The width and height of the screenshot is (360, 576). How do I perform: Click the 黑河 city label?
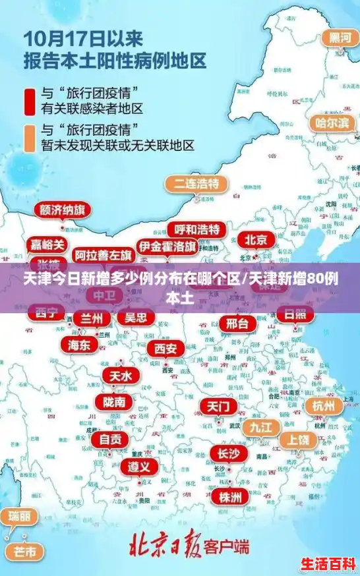(x=340, y=38)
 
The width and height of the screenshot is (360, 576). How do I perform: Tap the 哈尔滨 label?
(x=331, y=123)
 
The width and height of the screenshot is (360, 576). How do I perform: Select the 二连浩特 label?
(x=196, y=183)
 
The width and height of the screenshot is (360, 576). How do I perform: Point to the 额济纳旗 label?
(x=62, y=210)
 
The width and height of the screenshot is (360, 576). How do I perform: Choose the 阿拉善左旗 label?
(x=103, y=254)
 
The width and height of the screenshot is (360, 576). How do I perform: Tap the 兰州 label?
(x=92, y=318)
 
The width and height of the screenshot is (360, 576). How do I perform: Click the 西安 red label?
(x=165, y=348)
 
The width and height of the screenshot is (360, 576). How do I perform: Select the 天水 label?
(x=120, y=376)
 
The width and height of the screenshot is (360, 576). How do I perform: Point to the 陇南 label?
(x=113, y=401)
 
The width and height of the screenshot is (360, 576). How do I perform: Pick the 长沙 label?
(x=229, y=453)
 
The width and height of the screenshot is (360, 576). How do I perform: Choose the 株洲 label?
(x=230, y=496)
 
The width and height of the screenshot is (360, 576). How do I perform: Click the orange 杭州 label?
(x=324, y=405)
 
